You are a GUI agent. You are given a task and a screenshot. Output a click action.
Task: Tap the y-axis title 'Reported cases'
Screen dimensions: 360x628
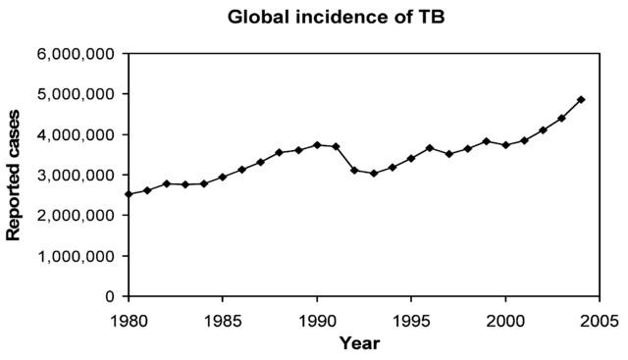coord(15,175)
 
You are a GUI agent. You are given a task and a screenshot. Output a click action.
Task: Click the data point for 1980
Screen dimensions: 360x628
coord(129,194)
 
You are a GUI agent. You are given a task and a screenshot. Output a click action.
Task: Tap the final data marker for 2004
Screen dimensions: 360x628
coord(581,100)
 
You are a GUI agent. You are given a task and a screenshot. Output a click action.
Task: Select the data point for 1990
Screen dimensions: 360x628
coord(317,145)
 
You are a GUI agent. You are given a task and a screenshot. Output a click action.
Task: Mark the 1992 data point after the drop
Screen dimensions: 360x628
coord(354,171)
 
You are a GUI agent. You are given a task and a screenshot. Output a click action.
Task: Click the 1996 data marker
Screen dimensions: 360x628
coord(430,148)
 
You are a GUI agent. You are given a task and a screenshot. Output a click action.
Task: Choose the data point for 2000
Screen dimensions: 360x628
coord(505,145)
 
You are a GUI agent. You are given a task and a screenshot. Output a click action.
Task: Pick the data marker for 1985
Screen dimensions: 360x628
coord(223,177)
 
